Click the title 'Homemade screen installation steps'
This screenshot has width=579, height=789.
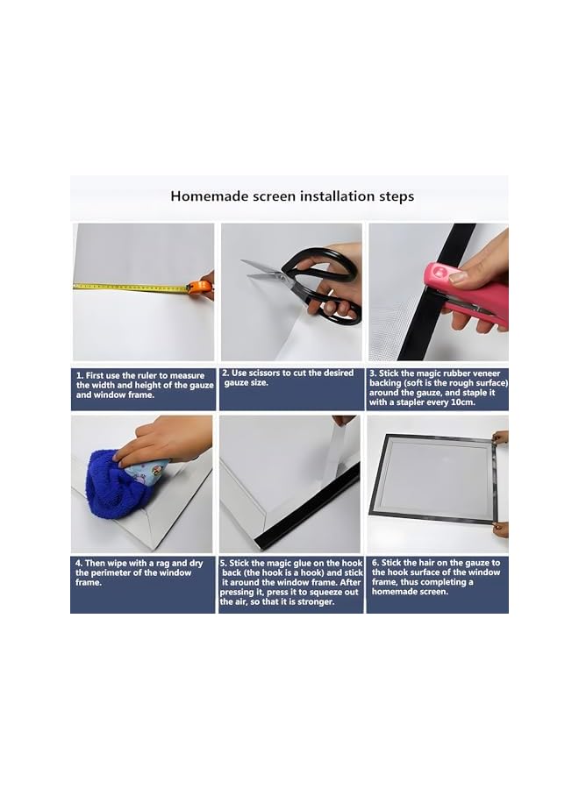click(x=292, y=196)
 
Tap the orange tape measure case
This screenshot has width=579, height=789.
click(x=201, y=286)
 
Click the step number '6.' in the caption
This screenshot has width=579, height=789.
click(x=375, y=563)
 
